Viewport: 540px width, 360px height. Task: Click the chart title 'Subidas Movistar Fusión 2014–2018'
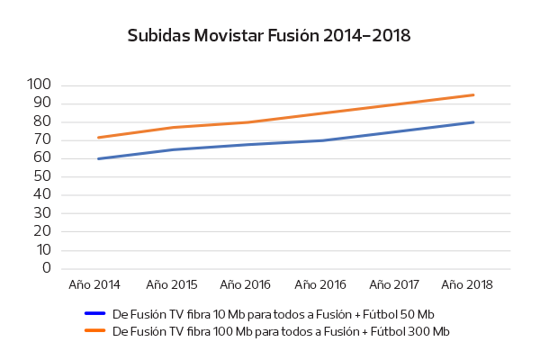click(x=269, y=36)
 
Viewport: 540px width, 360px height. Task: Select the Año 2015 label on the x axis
click(x=172, y=284)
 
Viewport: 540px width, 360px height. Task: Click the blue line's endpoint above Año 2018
click(x=473, y=122)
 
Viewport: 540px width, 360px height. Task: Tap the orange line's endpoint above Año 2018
click(x=473, y=94)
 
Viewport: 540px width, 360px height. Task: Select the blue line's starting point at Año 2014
click(x=98, y=158)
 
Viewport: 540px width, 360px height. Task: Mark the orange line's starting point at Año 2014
click(x=98, y=138)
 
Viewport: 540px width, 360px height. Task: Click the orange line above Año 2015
click(x=173, y=127)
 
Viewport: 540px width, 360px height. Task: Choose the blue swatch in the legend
click(x=95, y=313)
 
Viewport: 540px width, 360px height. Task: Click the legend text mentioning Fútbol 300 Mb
click(x=280, y=331)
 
